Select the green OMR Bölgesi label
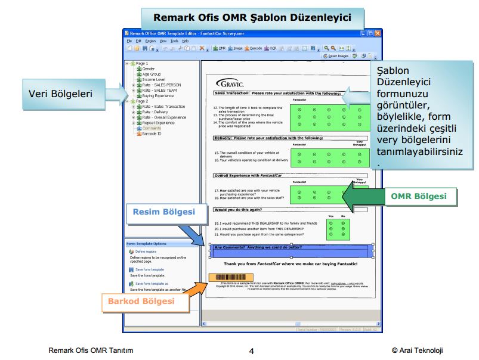point(421,196)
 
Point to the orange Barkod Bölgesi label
point(141,302)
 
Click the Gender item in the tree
point(149,69)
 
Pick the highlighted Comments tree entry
point(152,128)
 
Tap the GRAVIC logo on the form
point(228,83)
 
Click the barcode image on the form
point(227,277)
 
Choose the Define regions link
point(146,252)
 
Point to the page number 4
point(252,351)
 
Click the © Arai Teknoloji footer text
point(418,350)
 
